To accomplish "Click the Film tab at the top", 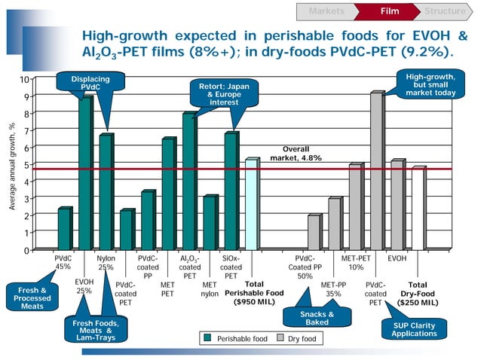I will [389, 11].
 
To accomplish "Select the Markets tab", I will [326, 11].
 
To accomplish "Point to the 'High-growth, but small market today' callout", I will [430, 83].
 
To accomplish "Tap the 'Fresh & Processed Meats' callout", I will [32, 297].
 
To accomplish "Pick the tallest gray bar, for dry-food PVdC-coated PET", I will [375, 171].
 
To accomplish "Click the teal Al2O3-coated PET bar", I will [188, 181].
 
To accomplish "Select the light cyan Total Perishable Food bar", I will [251, 204].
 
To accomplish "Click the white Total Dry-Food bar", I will [417, 209].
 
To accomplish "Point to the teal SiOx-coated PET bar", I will [230, 191].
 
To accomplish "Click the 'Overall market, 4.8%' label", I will [296, 154].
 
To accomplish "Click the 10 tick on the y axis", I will [26, 79].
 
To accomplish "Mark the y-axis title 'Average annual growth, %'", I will [11, 165].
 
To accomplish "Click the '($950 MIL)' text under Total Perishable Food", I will [254, 303].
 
